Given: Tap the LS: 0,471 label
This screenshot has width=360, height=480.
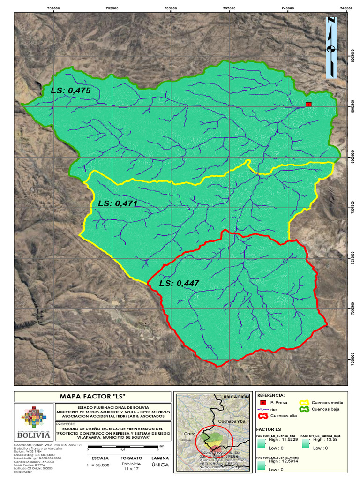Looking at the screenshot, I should [118, 203].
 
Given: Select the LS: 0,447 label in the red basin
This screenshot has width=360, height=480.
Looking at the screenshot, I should [179, 283].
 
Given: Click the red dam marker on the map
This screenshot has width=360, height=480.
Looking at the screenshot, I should [308, 104].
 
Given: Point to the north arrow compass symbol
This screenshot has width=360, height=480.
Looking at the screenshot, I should [331, 47].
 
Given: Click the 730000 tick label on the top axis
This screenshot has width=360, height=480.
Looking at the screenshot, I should [53, 8].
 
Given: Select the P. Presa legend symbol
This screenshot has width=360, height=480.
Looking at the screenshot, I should [263, 403].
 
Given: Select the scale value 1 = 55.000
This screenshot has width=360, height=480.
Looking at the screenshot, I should [99, 465].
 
